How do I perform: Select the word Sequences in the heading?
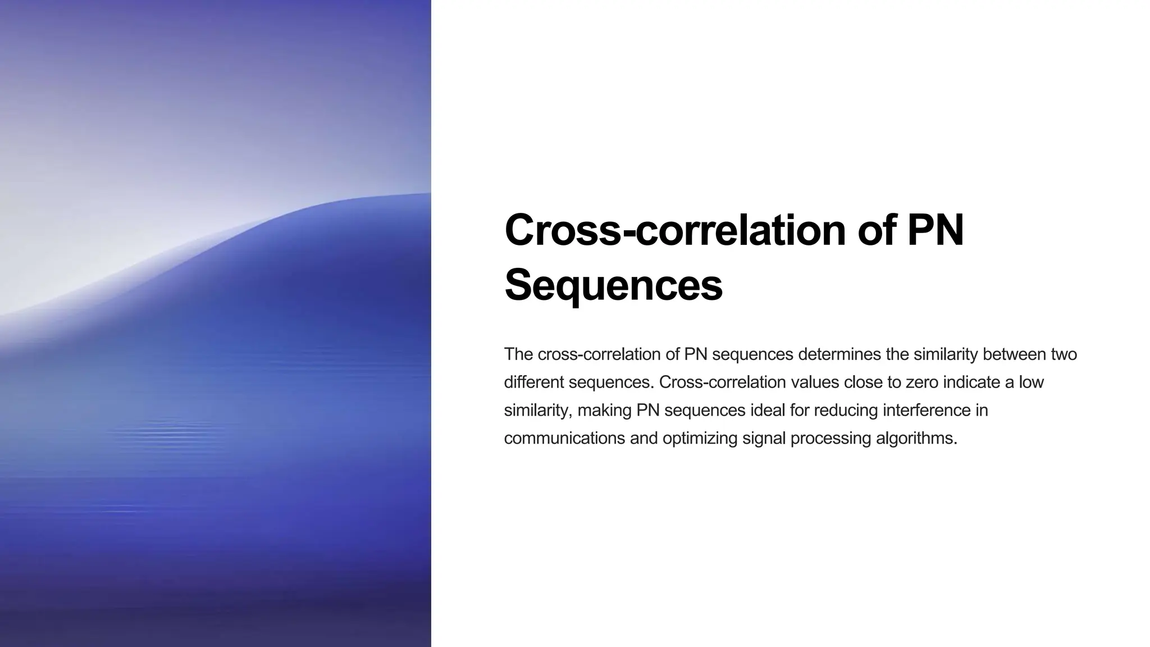(x=613, y=285)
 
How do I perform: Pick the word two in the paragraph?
(x=1064, y=354)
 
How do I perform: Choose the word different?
(x=534, y=382)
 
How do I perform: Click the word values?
(x=814, y=382)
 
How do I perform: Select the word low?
(x=1032, y=382)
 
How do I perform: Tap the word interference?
(x=927, y=411)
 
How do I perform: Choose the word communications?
(x=564, y=438)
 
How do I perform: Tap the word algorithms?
(x=916, y=438)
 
